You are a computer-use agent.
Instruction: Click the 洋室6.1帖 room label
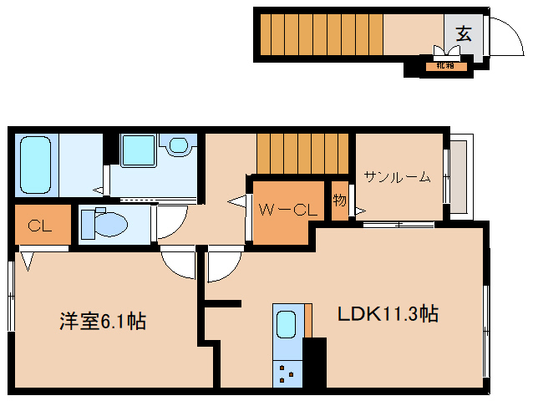tap(103, 320)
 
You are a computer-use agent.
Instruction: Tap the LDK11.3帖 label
tap(388, 315)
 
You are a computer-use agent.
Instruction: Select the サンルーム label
tap(397, 176)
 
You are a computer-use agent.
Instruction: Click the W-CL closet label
tap(287, 210)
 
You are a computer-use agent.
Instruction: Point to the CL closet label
tap(36, 225)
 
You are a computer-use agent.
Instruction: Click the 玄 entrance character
tap(464, 34)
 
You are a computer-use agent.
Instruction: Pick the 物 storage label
tap(339, 201)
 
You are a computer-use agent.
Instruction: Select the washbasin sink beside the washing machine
tap(178, 145)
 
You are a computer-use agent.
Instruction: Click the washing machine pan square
tap(138, 150)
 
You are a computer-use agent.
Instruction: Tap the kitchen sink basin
tap(286, 322)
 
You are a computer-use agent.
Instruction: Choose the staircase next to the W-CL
tap(302, 153)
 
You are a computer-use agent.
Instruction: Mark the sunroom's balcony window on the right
tap(456, 176)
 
